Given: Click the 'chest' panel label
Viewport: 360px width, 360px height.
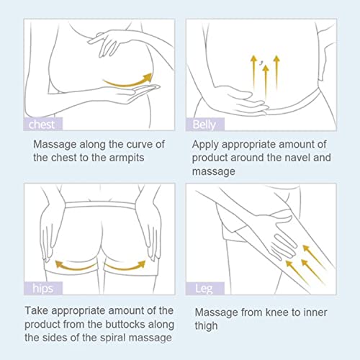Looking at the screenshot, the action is (x=42, y=125).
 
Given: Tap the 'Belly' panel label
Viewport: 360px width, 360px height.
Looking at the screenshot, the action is (x=204, y=125).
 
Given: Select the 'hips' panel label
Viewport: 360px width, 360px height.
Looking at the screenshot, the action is (x=42, y=288).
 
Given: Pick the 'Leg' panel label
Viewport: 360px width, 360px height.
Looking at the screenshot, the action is (x=204, y=289).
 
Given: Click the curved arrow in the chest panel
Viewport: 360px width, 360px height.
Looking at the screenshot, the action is (x=127, y=84).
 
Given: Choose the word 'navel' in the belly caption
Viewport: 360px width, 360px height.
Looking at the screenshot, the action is (x=297, y=158).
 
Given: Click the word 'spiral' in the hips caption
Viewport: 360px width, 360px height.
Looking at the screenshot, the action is (x=112, y=338).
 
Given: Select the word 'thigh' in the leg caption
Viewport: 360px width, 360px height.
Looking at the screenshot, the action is (x=206, y=326).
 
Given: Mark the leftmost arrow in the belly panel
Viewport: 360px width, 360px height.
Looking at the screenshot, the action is (x=253, y=72).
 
